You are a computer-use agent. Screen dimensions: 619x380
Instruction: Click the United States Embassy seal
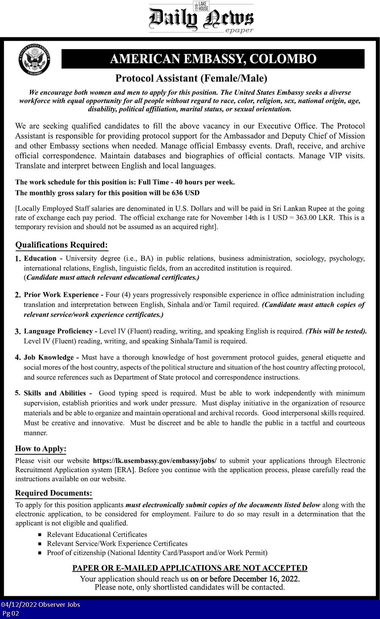(34, 59)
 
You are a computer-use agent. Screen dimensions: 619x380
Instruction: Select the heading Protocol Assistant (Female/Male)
(191, 78)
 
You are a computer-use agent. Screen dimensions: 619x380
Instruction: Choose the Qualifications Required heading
(62, 245)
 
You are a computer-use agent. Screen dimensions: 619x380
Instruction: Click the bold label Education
(40, 259)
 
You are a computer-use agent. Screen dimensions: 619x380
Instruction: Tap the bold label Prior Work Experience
(61, 295)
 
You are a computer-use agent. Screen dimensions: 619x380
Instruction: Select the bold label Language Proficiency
(58, 331)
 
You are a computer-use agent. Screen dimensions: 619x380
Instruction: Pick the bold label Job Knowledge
(49, 357)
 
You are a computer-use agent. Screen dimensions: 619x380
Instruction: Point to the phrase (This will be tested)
(336, 331)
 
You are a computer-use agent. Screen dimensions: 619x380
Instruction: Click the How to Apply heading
(41, 449)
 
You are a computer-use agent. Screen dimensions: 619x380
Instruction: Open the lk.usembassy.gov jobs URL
(155, 461)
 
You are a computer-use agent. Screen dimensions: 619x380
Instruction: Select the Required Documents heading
(54, 493)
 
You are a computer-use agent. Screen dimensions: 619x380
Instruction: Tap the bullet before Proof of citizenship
(40, 553)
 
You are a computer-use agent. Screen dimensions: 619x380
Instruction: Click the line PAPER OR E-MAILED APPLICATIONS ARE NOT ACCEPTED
(190, 568)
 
